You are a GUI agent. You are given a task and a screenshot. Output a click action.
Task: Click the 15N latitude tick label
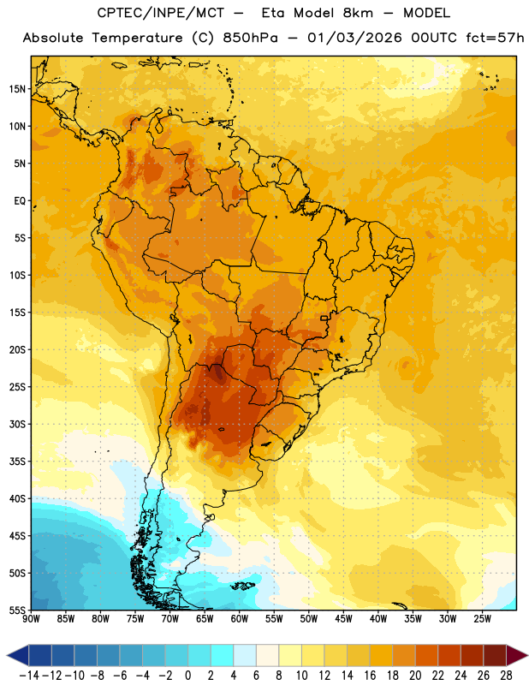point(18,89)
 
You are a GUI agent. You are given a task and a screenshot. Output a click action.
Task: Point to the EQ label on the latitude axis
point(20,201)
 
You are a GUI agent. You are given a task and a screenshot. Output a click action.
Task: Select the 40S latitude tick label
point(18,498)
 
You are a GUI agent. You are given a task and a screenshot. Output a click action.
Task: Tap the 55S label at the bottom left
point(18,610)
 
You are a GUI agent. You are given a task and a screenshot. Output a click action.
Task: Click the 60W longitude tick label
point(240,619)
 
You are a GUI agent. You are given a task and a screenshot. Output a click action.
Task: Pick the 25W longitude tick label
point(482,619)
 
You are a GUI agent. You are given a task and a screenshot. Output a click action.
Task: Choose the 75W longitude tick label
point(135,619)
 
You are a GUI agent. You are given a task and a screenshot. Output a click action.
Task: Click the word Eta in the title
point(272,13)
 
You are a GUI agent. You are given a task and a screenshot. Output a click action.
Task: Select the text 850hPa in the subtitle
point(250,38)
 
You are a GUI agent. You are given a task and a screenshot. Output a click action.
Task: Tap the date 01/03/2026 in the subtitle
point(354,38)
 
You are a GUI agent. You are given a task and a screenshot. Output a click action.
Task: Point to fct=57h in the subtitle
point(495,38)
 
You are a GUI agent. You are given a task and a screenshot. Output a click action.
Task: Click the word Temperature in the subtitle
point(137,38)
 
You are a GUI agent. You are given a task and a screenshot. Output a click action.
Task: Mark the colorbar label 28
point(506,676)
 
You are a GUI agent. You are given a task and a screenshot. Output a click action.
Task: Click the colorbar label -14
point(29,676)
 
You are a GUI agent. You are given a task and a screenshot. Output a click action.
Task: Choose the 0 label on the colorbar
point(187,676)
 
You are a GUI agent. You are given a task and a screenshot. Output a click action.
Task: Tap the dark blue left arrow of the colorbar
point(18,655)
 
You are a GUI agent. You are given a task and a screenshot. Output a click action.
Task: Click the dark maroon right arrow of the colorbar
point(517,655)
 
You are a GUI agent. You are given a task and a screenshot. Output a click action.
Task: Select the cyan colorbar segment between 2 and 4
point(222,655)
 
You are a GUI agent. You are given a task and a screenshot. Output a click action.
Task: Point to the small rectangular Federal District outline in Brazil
point(324,318)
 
